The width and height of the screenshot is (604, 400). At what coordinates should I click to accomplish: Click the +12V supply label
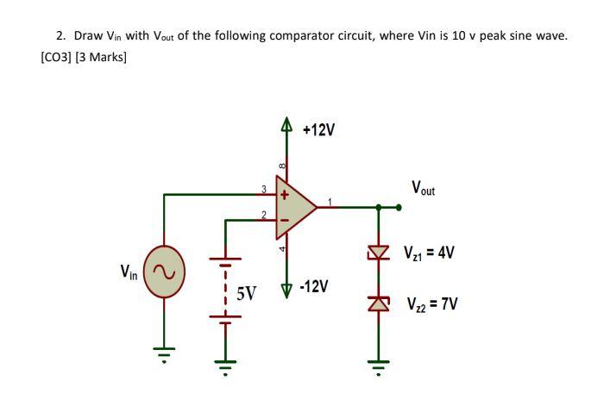point(319,130)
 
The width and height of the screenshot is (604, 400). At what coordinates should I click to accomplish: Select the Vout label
point(424,187)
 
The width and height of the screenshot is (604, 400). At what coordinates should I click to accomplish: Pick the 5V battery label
point(247,293)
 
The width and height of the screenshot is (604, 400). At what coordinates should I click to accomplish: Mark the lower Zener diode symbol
point(378,302)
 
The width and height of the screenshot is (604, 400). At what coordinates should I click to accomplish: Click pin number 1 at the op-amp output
point(328,201)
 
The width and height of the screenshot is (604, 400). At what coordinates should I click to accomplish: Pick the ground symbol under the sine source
point(164,353)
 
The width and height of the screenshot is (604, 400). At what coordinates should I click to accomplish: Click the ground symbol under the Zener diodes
point(378,353)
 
